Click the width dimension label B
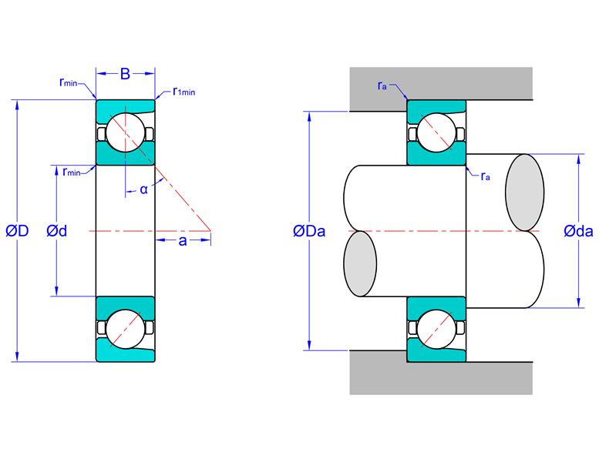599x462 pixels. [125, 74]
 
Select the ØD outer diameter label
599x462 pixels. [17, 231]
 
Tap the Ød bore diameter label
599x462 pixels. [56, 231]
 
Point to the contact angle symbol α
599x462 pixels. [143, 189]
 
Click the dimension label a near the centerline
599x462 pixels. [183, 241]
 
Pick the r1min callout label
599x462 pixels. [183, 92]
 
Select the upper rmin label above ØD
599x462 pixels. [69, 82]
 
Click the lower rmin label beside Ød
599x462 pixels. [72, 172]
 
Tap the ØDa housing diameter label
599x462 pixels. [309, 231]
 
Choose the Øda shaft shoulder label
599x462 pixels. [578, 231]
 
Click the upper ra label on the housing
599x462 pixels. [382, 85]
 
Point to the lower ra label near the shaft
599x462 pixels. [485, 176]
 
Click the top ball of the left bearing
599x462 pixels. [126, 132]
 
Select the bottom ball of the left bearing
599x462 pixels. [126, 329]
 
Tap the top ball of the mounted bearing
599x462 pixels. [436, 132]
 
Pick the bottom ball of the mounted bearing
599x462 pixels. [436, 329]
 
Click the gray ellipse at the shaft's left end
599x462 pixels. [360, 263]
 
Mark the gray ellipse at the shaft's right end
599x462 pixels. [525, 192]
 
